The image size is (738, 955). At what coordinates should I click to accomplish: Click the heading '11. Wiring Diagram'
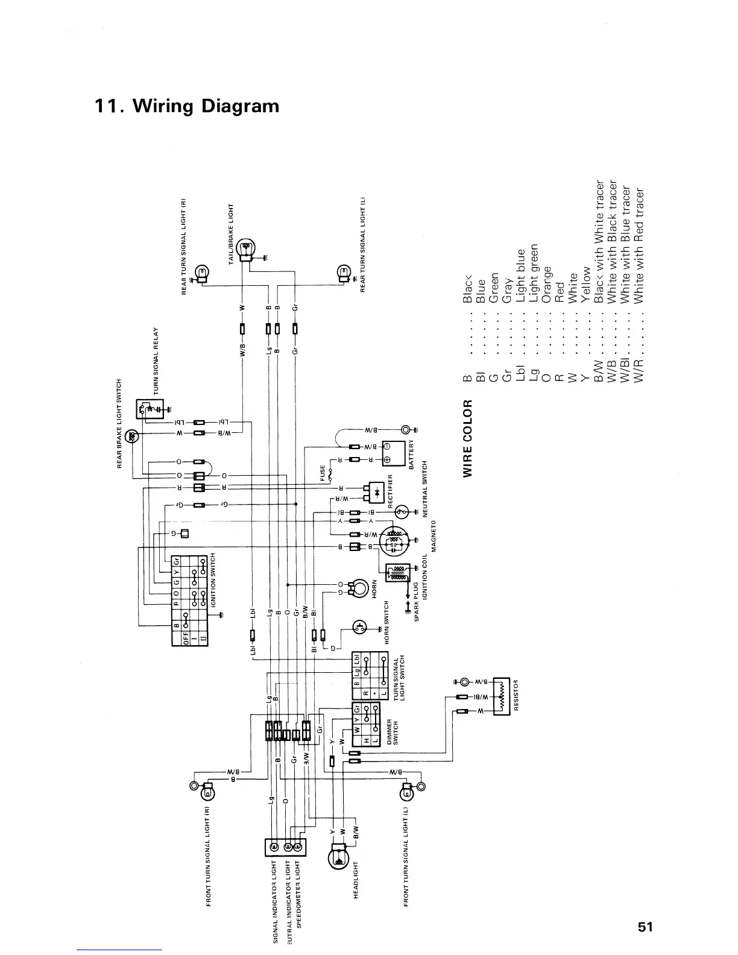coord(187,107)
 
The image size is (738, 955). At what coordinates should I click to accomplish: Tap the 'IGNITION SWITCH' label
coord(212,579)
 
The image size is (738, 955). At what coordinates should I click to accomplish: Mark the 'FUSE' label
coord(323,473)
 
